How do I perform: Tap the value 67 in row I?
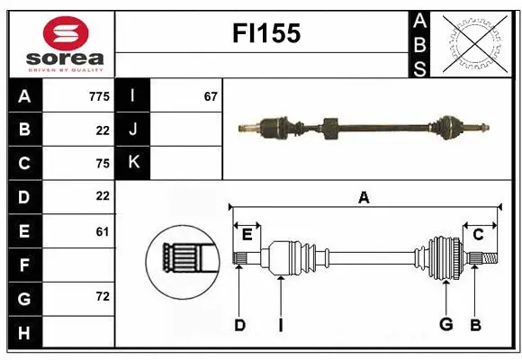coord(211,96)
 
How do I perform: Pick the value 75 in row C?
coord(102,163)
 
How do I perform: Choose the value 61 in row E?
coord(102,231)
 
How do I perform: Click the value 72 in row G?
coord(102,296)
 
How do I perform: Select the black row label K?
coord(133,163)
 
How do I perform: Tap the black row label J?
coord(133,130)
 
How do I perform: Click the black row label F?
coord(24,265)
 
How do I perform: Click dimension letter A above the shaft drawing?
coord(364,198)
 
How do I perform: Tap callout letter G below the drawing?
coord(445,324)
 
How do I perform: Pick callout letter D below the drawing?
coord(239,324)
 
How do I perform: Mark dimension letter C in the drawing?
coord(478,234)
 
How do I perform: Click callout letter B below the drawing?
coord(476,324)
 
